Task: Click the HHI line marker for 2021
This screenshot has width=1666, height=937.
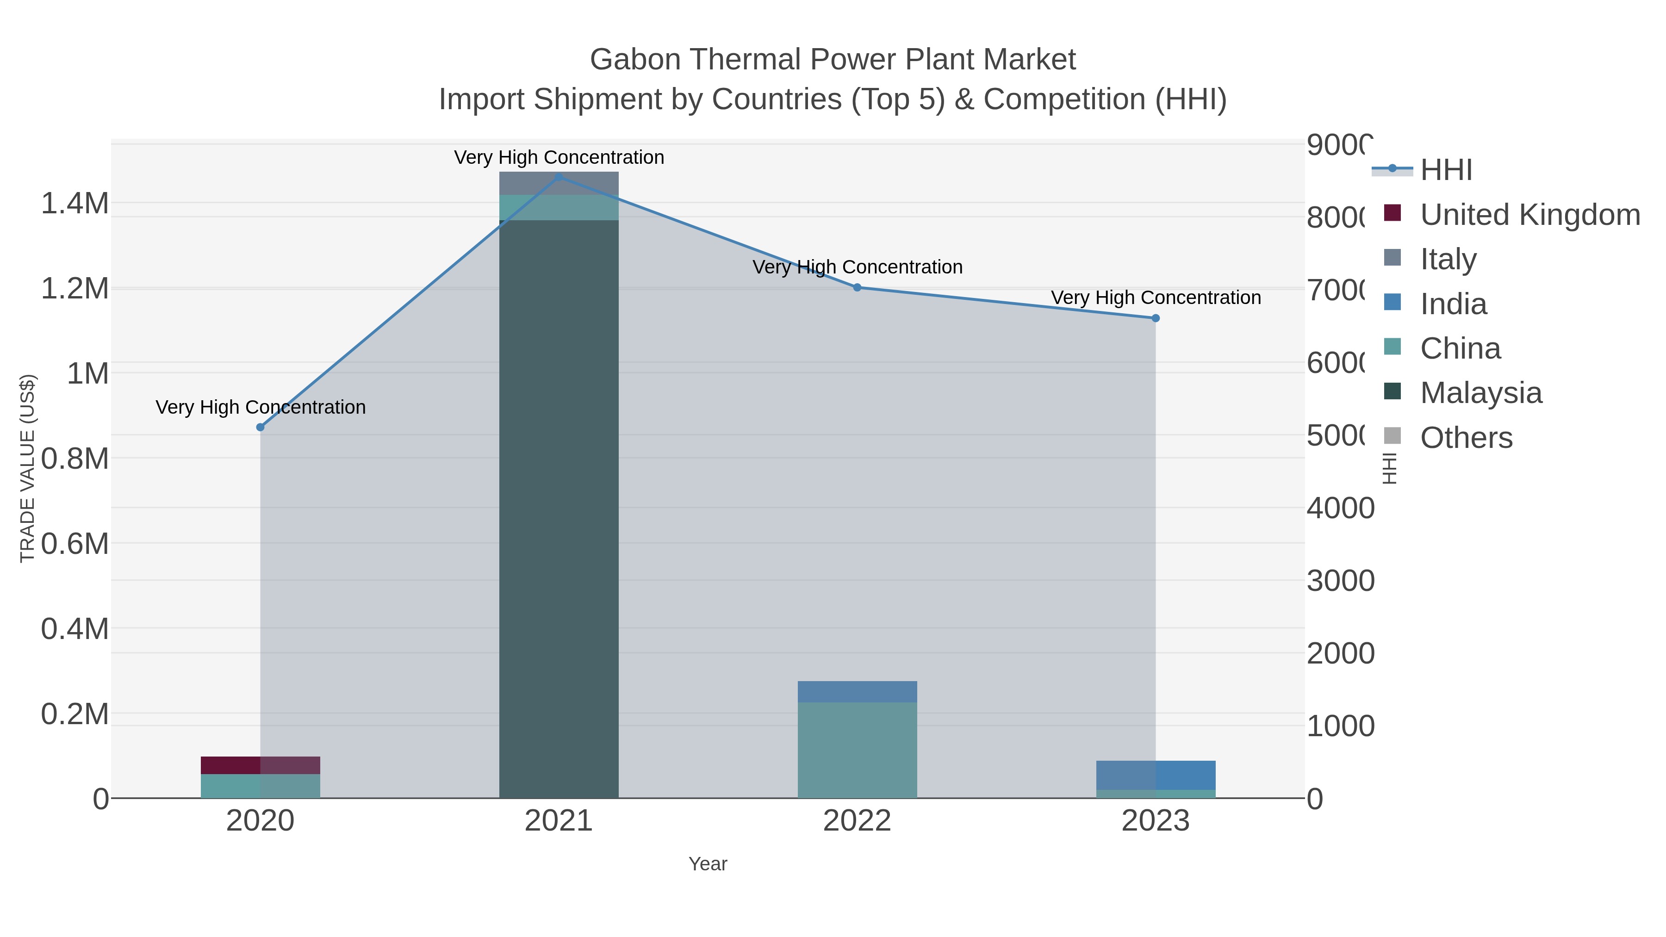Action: click(559, 177)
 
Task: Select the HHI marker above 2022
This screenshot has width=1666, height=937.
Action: click(857, 287)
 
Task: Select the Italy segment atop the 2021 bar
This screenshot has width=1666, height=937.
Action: click(559, 183)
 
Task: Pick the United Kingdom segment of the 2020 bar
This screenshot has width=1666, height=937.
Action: click(261, 765)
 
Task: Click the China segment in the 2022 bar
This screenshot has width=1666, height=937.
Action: click(857, 750)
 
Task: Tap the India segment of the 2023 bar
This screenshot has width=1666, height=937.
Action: click(1156, 775)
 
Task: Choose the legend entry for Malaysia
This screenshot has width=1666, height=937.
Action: click(1480, 392)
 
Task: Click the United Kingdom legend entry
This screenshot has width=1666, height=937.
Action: click(1529, 215)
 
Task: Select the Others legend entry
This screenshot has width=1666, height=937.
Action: click(1466, 438)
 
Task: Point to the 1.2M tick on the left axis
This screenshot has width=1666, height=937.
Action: click(75, 288)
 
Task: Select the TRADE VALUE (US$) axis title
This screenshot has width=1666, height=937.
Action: click(28, 468)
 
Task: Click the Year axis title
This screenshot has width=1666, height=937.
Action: click(708, 864)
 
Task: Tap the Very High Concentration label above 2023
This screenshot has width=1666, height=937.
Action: click(1156, 298)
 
